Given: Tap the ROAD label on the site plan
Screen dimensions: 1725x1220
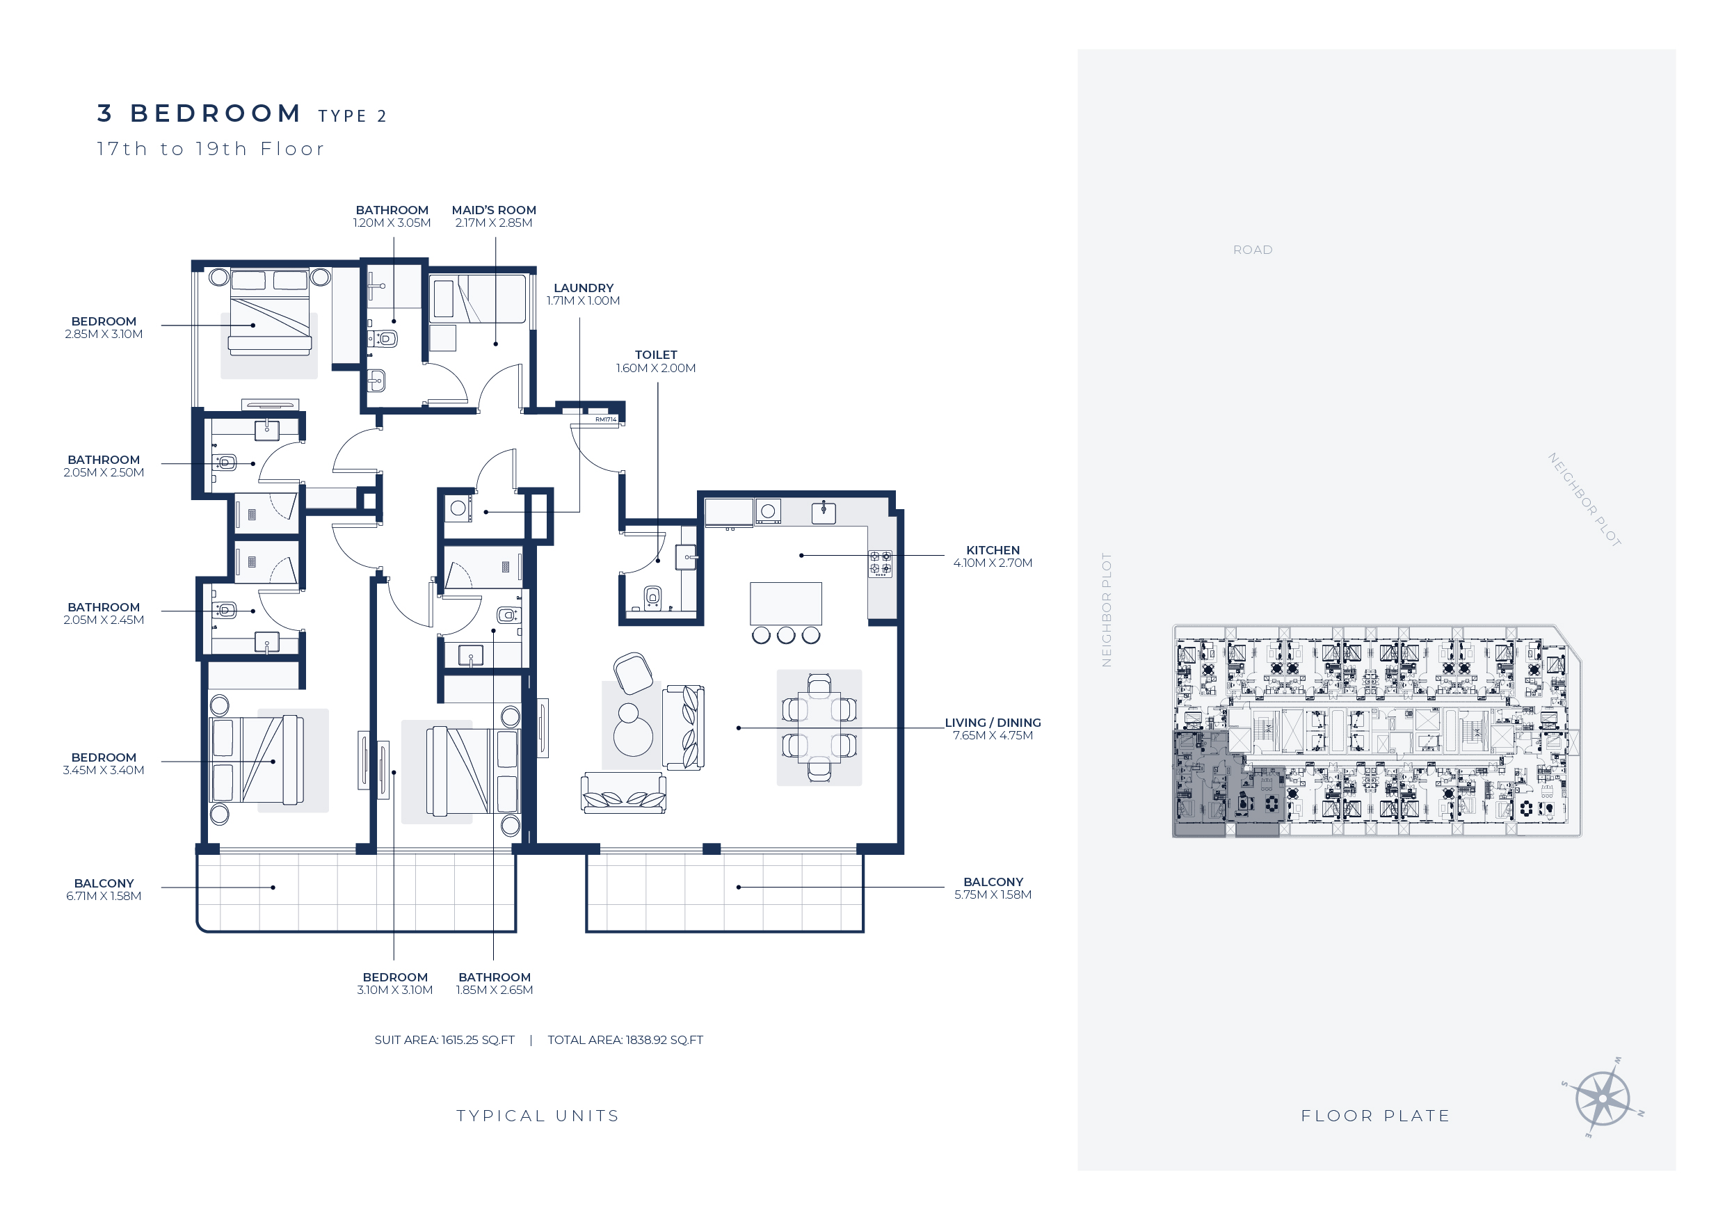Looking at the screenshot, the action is tap(1253, 250).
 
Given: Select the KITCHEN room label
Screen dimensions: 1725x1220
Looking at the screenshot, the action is tap(993, 551).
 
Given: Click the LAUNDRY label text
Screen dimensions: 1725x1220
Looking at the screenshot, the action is tap(583, 289).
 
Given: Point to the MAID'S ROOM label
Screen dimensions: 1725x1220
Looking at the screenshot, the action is tap(494, 210).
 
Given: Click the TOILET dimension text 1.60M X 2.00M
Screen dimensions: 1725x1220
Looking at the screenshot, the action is tap(656, 368).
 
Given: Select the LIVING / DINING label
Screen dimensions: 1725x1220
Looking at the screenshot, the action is tap(993, 723).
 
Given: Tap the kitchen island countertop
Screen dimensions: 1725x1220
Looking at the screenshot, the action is tap(785, 603).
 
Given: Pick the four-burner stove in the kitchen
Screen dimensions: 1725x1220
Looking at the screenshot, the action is tap(881, 563).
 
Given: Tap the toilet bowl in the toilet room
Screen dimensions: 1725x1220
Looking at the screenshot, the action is tap(653, 597).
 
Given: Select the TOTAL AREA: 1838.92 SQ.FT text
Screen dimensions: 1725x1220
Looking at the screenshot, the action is tap(625, 1041).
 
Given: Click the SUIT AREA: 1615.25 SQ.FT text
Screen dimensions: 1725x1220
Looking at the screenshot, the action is tap(444, 1041).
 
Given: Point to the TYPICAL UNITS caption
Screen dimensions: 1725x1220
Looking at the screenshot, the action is tap(538, 1116).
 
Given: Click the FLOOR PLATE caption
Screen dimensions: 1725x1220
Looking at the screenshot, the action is tap(1376, 1116).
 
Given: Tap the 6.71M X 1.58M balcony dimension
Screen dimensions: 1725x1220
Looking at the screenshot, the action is tap(104, 896).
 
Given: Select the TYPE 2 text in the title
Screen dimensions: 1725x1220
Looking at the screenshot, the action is tap(353, 116).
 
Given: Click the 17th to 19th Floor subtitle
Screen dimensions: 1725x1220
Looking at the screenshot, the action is tap(211, 149).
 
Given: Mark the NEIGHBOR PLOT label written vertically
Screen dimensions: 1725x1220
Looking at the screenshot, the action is tap(1106, 610).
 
